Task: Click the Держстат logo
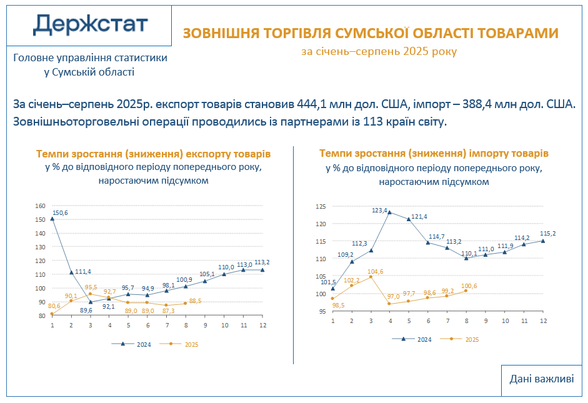[x=90, y=24]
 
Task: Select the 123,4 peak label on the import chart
[x=380, y=210]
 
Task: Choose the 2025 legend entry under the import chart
[x=466, y=339]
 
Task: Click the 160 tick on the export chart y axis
[x=41, y=206]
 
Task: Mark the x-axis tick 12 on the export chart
[x=262, y=326]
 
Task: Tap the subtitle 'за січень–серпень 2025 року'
[x=379, y=51]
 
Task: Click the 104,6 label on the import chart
[x=375, y=272]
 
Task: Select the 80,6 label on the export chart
[x=54, y=306]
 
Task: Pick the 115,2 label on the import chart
[x=547, y=234]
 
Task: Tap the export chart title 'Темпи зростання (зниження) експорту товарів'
[x=154, y=154]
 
